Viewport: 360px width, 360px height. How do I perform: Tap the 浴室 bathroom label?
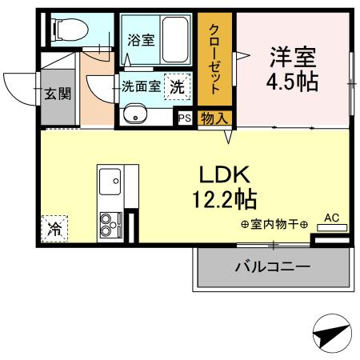[x=142, y=40]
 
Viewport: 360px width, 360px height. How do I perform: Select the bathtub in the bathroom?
[x=175, y=40]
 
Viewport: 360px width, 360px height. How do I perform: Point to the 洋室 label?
[x=293, y=58]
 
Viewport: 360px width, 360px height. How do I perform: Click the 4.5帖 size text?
[x=293, y=82]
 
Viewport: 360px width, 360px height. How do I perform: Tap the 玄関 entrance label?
[x=57, y=94]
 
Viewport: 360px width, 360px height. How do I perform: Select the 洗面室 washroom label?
[x=140, y=86]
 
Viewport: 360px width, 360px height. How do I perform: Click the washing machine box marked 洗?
[x=177, y=86]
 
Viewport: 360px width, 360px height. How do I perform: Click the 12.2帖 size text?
[x=226, y=197]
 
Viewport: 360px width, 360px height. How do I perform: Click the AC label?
[x=332, y=217]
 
